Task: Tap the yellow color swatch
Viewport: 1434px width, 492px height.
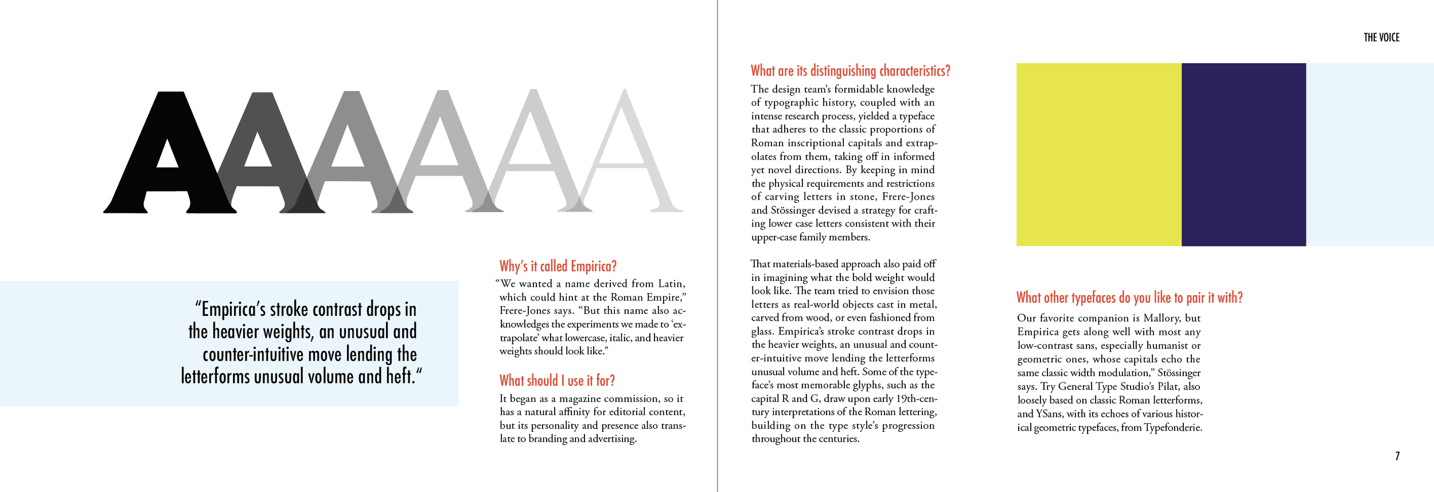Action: (1098, 154)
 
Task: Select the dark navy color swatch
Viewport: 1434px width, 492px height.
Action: (1243, 154)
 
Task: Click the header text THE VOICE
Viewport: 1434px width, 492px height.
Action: (1381, 38)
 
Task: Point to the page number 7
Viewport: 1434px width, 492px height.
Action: (1397, 456)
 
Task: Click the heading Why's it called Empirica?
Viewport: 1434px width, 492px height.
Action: (558, 266)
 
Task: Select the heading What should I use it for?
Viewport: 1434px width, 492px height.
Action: (556, 381)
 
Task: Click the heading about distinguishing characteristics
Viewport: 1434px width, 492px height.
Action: (850, 71)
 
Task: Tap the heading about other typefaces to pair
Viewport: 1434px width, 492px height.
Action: (1129, 298)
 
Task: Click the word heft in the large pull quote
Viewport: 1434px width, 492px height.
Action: (399, 376)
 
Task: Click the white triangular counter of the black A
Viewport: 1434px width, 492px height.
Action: (167, 155)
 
